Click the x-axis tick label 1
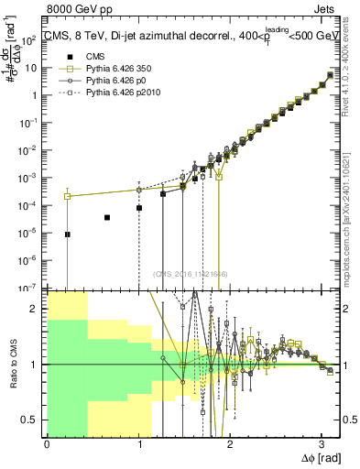[138, 442]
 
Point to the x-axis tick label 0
[48, 442]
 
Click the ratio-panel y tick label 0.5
[34, 420]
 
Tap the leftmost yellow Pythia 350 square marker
[67, 196]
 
